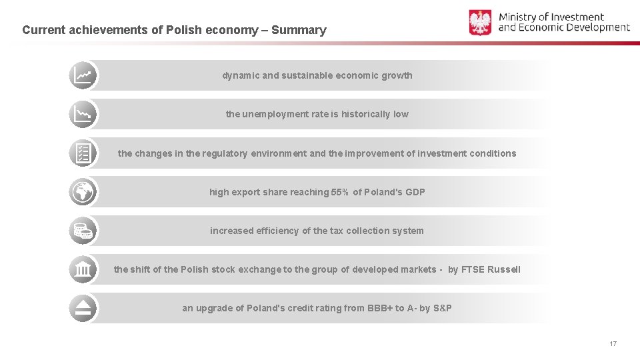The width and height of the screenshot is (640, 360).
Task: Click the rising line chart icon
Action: (x=83, y=75)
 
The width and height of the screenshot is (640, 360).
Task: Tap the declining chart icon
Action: (x=83, y=114)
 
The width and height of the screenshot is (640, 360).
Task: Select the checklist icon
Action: (x=83, y=153)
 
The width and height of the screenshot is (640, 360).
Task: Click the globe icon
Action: (x=83, y=192)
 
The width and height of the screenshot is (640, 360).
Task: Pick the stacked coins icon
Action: (x=83, y=231)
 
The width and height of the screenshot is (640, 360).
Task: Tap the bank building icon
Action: (x=83, y=269)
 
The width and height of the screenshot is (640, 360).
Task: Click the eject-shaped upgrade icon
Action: (x=83, y=308)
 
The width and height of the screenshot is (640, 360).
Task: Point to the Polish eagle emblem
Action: (x=480, y=23)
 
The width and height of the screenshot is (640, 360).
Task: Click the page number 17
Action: (x=613, y=343)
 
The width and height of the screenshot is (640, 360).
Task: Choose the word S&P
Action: (x=442, y=308)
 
